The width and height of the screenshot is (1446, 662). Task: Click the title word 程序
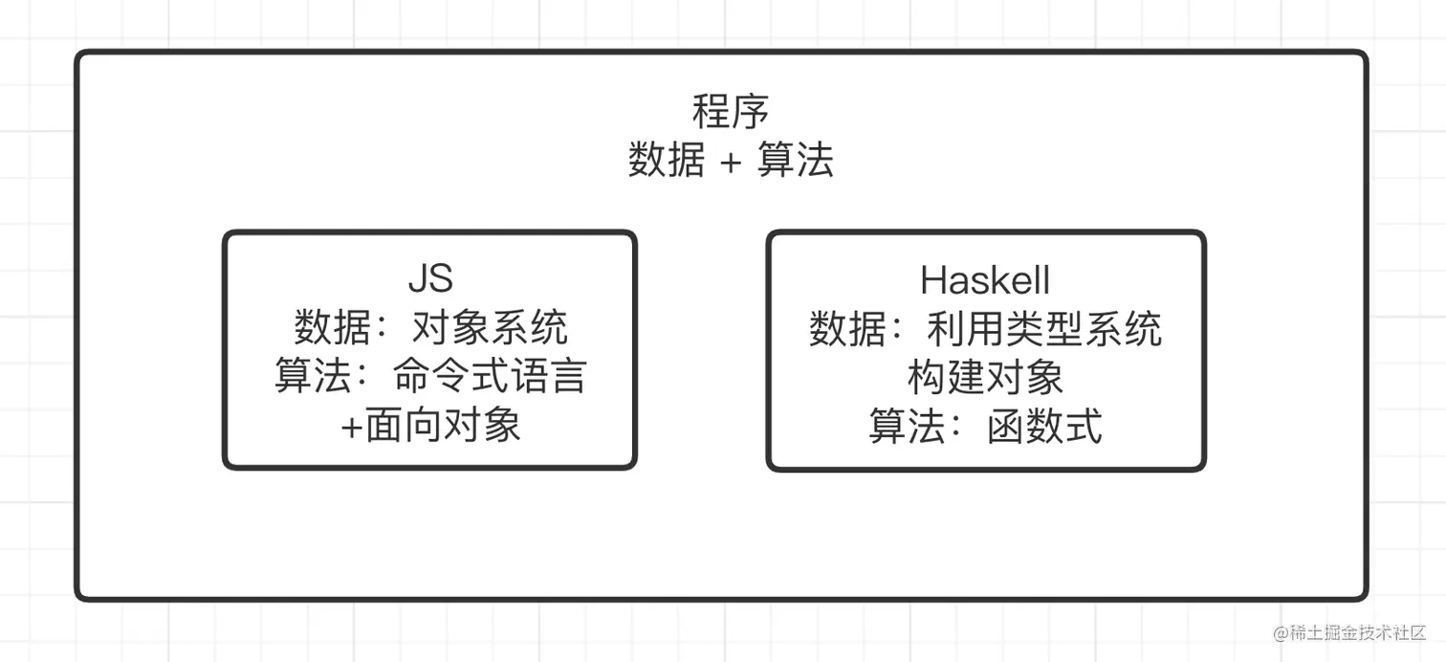pyautogui.click(x=731, y=113)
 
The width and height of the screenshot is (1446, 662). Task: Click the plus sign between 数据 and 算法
pyautogui.click(x=730, y=162)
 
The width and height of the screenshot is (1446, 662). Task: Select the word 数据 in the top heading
pyautogui.click(x=667, y=161)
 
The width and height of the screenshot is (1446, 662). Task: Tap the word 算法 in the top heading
pyautogui.click(x=795, y=161)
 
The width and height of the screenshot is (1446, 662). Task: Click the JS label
pyautogui.click(x=430, y=279)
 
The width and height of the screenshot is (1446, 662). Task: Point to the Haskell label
pyautogui.click(x=985, y=280)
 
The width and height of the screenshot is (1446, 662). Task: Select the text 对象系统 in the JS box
pyautogui.click(x=490, y=329)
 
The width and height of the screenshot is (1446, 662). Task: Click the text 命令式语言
pyautogui.click(x=490, y=377)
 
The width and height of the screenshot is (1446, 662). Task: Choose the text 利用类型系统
pyautogui.click(x=1044, y=329)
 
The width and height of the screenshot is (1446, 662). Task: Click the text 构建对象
pyautogui.click(x=985, y=377)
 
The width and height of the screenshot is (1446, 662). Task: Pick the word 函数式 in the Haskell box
pyautogui.click(x=1044, y=426)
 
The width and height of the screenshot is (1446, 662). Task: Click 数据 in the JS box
pyautogui.click(x=332, y=329)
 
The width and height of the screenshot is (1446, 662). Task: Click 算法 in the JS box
pyautogui.click(x=313, y=377)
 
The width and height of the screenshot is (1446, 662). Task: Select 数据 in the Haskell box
pyautogui.click(x=847, y=329)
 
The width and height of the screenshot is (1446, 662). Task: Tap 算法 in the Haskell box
pyautogui.click(x=907, y=426)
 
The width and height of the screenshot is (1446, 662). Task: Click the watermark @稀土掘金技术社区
pyautogui.click(x=1349, y=633)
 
